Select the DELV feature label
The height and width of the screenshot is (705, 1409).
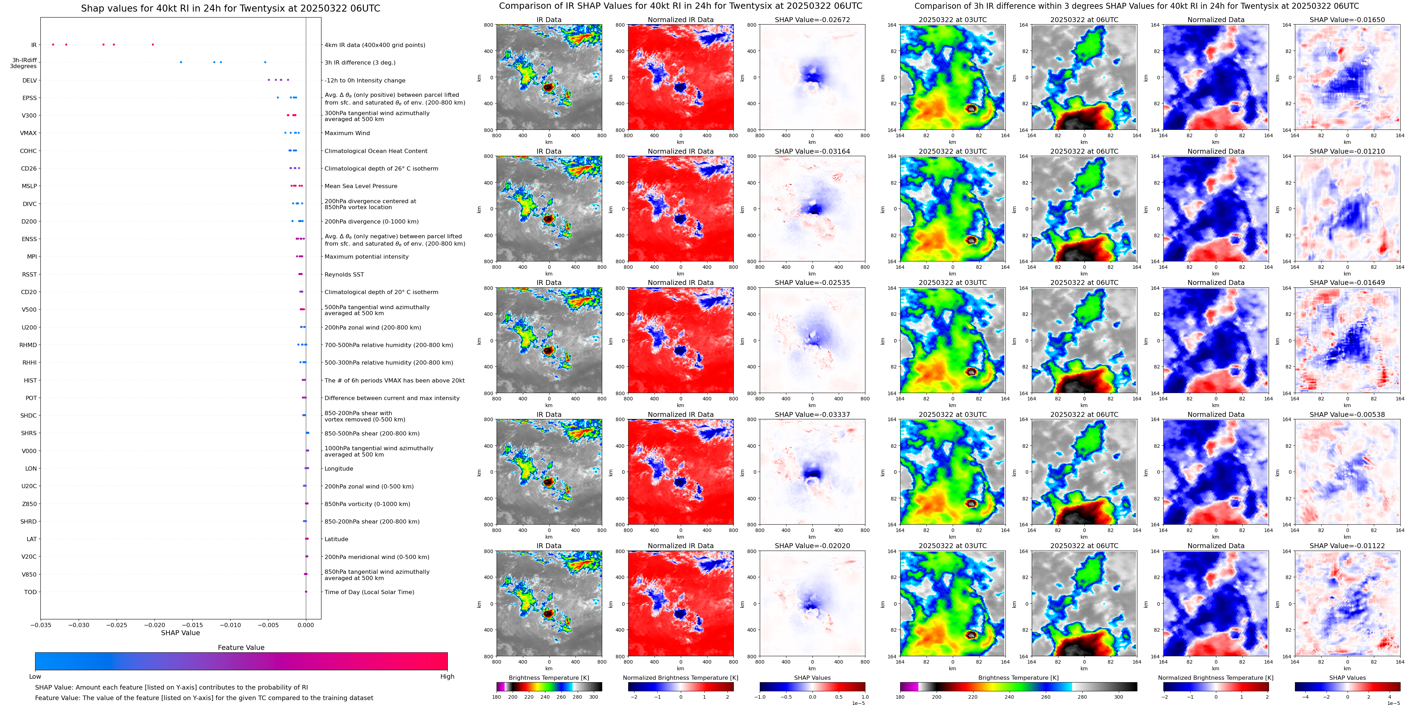pyautogui.click(x=29, y=80)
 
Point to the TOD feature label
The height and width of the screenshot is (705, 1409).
pyautogui.click(x=30, y=592)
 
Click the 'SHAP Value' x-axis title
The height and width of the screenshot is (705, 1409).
pyautogui.click(x=180, y=633)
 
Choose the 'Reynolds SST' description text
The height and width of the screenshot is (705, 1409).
pyautogui.click(x=344, y=274)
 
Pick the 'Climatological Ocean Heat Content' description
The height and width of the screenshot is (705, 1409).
pyautogui.click(x=376, y=151)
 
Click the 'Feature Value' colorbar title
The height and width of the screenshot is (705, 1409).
pyautogui.click(x=241, y=647)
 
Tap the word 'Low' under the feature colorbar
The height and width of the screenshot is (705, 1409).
pyautogui.click(x=35, y=677)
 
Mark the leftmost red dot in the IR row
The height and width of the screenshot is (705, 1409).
pyautogui.click(x=53, y=44)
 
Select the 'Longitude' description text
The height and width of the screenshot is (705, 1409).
pyautogui.click(x=339, y=469)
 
